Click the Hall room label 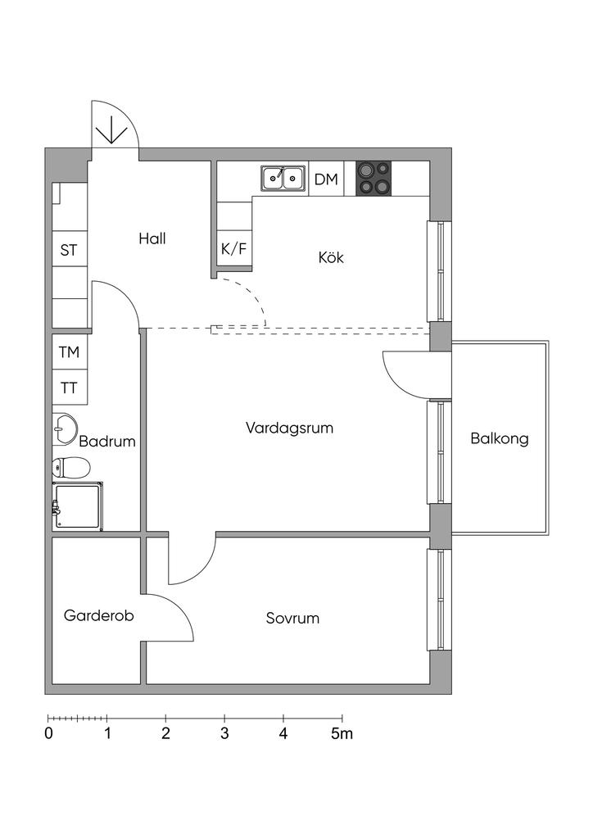(152, 238)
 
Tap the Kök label (331, 257)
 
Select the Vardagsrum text (289, 428)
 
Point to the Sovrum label (292, 618)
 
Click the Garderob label (99, 615)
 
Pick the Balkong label (500, 438)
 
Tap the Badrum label (107, 441)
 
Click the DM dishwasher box (326, 179)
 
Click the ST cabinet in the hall (70, 250)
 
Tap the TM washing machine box (70, 352)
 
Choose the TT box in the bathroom (70, 388)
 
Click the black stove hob (373, 178)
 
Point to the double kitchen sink (283, 177)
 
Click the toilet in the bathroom (71, 468)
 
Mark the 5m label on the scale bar (342, 733)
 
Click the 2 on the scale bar (165, 733)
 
